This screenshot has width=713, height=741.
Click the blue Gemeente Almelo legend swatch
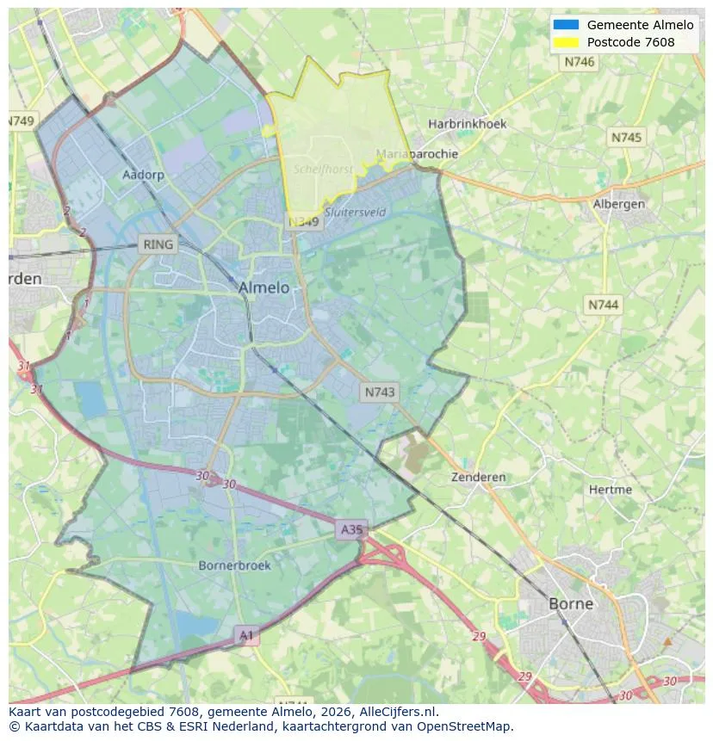point(566,25)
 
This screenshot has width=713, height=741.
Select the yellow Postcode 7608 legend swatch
point(566,42)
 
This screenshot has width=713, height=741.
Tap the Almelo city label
point(263,287)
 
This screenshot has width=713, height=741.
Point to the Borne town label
point(571,603)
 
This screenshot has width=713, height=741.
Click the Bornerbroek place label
point(234,565)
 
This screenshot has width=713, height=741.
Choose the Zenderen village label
point(479,477)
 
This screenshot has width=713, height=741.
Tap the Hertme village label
point(611,490)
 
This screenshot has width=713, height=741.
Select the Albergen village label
point(619,204)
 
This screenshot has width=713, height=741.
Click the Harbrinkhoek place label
point(468,124)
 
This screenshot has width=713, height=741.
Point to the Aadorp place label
point(143,175)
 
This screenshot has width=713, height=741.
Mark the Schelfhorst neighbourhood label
point(323,170)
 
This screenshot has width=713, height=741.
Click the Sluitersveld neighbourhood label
point(356,212)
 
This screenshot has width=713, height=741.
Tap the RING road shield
point(158,244)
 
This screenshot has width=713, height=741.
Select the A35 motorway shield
point(351,529)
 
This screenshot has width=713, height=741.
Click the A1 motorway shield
point(247,635)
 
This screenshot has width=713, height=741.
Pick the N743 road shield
point(380,392)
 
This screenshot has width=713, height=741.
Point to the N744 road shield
point(604,305)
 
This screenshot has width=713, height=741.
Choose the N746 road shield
point(580,62)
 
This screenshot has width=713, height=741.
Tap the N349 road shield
point(303,222)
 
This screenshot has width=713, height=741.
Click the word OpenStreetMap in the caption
point(465,726)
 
